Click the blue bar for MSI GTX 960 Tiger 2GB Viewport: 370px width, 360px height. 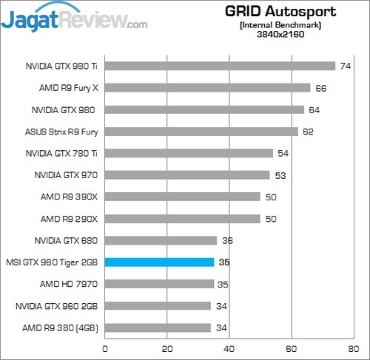point(159,262)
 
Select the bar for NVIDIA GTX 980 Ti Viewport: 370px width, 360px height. point(220,66)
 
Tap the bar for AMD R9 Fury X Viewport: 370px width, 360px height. point(207,88)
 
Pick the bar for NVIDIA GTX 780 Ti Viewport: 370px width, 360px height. point(189,153)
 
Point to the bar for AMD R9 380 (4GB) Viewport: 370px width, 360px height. point(158,327)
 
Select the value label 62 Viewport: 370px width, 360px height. point(308,132)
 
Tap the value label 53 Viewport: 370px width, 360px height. point(280,175)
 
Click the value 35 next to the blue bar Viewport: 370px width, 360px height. point(224,262)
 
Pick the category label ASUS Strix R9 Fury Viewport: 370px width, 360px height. point(61,132)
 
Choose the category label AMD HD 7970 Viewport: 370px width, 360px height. point(70,284)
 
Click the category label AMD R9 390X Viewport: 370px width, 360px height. point(69,197)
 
